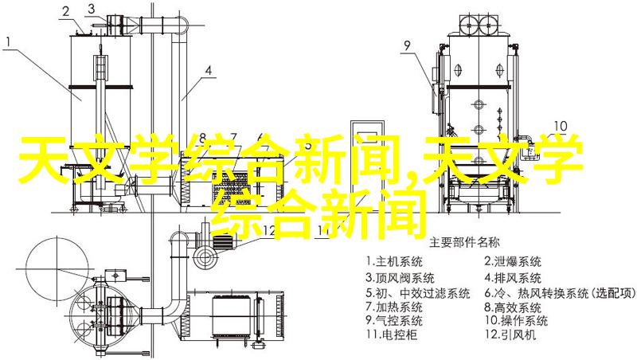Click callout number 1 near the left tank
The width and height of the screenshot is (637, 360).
9,41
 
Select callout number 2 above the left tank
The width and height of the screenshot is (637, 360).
66,12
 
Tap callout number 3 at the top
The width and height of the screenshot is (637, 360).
92,9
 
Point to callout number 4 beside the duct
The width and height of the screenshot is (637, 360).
208,71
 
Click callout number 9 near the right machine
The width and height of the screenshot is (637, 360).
407,45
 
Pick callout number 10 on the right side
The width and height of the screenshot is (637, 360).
561,126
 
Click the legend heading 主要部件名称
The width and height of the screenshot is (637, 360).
464,243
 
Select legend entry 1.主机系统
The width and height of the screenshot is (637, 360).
394,262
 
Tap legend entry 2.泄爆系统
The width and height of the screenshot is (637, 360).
513,262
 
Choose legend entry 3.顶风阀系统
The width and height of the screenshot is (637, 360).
400,278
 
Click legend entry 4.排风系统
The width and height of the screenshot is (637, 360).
513,278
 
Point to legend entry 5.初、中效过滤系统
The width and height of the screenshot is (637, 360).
417,293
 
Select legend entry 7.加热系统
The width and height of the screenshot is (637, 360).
394,307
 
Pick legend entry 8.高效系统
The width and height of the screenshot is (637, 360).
513,307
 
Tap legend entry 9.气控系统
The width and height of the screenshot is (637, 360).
394,321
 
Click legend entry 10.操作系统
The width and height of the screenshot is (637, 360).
516,321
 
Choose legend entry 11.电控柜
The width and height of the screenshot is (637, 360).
391,335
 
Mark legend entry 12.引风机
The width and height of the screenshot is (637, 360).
510,335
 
